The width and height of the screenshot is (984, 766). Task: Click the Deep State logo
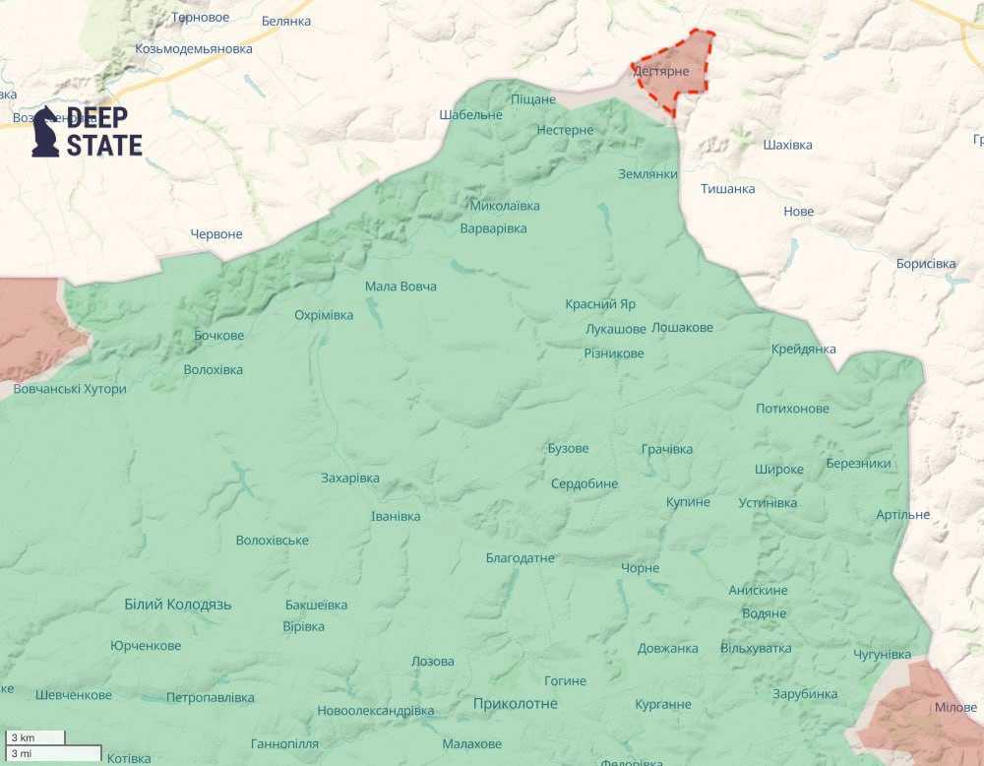(87, 132)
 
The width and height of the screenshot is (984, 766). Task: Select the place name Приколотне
(515, 703)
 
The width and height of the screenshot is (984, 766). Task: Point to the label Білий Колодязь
(178, 604)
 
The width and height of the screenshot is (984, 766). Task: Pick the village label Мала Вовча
(400, 287)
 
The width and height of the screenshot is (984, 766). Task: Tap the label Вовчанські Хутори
(70, 389)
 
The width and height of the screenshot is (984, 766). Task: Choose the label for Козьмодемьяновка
(194, 48)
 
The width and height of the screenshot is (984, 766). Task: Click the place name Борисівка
(926, 264)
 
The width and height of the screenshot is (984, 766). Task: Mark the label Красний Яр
(600, 304)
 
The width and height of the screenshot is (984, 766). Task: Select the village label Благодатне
(521, 558)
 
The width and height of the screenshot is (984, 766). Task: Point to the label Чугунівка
(883, 655)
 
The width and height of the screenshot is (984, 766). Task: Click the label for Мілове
(955, 708)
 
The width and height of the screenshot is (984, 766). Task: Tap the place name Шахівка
(788, 145)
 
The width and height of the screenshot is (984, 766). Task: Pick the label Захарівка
(350, 479)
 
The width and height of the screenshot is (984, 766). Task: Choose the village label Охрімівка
(324, 315)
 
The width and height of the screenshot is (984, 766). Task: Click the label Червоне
(216, 234)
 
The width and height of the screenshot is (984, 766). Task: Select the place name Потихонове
(792, 409)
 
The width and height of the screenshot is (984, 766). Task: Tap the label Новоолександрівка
(375, 711)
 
